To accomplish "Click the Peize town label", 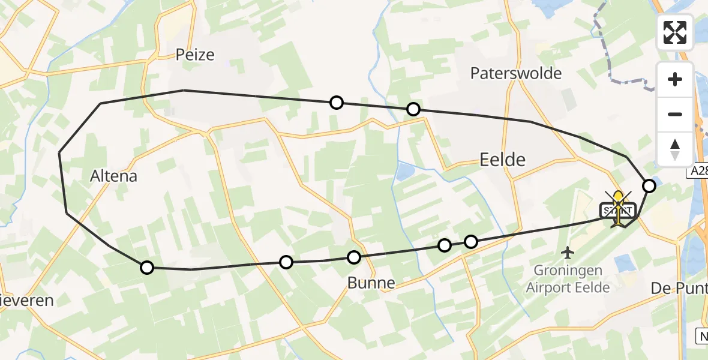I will point(195,55).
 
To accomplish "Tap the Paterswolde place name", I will point(516,73).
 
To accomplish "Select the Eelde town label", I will point(503,159).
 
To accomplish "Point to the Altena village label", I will point(113,176).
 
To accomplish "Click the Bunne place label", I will point(371,283).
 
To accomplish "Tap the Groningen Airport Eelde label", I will point(568,280).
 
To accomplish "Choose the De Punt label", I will point(679,289).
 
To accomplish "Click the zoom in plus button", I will point(675,79).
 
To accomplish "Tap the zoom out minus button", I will point(675,114).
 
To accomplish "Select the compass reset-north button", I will point(675,149).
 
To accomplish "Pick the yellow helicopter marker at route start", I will point(618,204).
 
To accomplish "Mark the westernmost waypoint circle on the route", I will point(146,268).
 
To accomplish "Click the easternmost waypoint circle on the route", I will point(649,186).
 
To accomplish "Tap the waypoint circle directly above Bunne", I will point(354,257).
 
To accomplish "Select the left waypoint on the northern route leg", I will point(337,103).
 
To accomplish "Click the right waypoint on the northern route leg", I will point(413,109).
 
